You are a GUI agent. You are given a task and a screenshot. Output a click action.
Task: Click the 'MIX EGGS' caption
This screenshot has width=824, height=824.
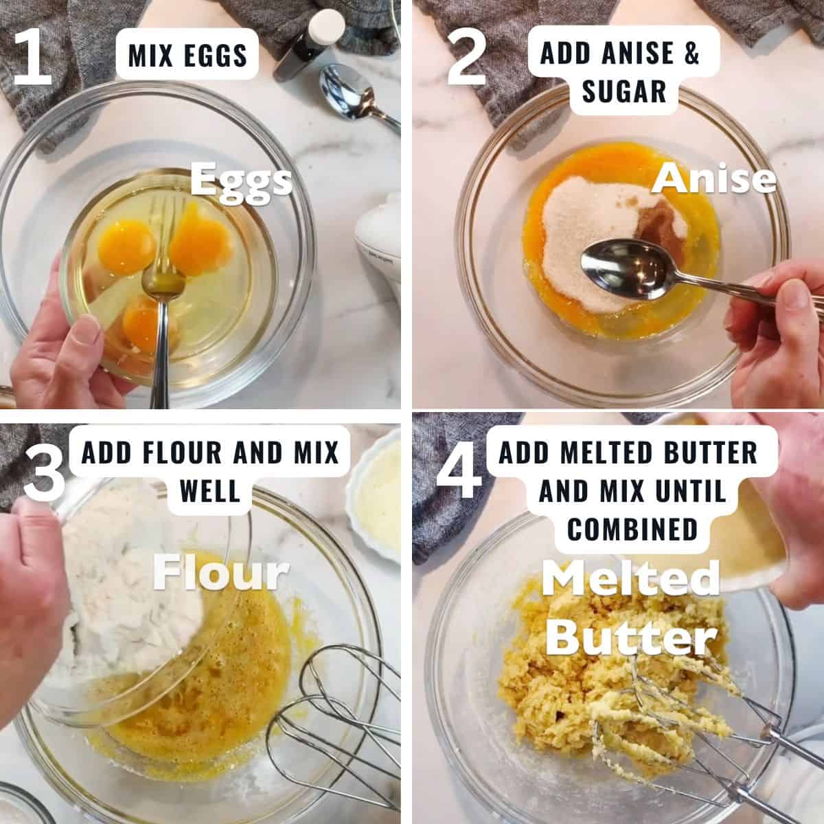coord(187,55)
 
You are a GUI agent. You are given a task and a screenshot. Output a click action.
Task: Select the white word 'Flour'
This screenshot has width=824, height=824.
coord(220,573)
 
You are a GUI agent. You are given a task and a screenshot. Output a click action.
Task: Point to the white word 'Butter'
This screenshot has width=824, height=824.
coord(630,637)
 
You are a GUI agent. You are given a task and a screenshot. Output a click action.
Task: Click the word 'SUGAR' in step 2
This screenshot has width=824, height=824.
coord(623,91)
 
